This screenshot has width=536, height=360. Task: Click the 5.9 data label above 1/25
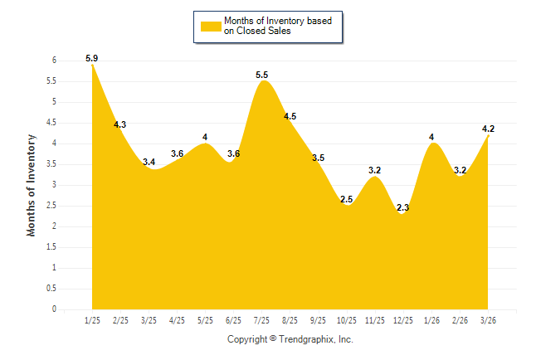click(x=92, y=58)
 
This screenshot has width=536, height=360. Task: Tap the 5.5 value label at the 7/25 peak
click(x=262, y=75)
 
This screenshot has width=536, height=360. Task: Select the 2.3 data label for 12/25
click(x=403, y=208)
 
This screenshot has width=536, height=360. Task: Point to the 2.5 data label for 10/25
click(x=347, y=200)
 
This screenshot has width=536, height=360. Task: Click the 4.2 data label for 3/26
click(x=488, y=129)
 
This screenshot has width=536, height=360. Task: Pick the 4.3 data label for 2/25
click(x=120, y=125)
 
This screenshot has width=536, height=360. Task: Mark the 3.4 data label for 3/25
click(x=149, y=163)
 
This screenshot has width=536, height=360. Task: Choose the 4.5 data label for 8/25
click(x=290, y=117)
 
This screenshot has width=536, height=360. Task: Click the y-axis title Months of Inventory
click(x=32, y=185)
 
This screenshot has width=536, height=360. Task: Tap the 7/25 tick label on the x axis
click(x=262, y=319)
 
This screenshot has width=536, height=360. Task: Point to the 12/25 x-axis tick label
click(x=403, y=319)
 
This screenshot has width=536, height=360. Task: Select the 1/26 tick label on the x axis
click(x=431, y=319)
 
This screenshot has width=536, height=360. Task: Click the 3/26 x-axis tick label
click(x=488, y=319)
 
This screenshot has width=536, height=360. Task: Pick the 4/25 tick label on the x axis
click(x=177, y=319)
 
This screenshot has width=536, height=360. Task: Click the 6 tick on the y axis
click(x=53, y=61)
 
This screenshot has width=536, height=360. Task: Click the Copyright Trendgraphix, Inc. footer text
click(x=290, y=339)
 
